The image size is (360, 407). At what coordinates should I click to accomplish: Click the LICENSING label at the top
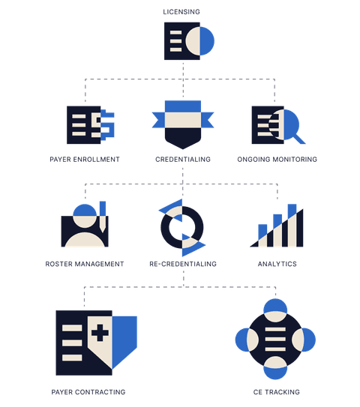tap(181, 12)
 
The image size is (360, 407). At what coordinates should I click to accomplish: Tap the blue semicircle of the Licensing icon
tap(207, 41)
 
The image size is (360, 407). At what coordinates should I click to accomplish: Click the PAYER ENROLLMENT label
tap(85, 159)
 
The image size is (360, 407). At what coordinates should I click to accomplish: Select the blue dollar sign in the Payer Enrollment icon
tap(107, 125)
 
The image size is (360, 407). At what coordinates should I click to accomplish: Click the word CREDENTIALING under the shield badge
tap(183, 159)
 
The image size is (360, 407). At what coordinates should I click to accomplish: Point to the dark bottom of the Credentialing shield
tap(183, 137)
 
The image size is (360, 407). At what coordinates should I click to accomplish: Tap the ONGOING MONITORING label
tap(277, 159)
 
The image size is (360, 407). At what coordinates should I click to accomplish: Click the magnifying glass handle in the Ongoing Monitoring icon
tap(300, 139)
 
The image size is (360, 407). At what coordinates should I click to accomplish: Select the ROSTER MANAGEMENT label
tap(85, 264)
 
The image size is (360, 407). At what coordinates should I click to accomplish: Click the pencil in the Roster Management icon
tap(103, 217)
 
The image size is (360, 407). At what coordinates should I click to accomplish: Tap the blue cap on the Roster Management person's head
tap(85, 210)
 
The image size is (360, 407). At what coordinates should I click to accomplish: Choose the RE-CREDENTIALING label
tap(183, 264)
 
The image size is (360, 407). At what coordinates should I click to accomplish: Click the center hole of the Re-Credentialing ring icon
tap(182, 227)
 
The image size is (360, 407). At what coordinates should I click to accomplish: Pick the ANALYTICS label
tap(277, 264)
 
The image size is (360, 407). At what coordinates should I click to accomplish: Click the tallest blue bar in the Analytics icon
tap(292, 211)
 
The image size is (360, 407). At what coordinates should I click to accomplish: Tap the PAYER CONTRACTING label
tap(88, 392)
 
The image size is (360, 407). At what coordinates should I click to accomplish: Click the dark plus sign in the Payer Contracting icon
tap(100, 332)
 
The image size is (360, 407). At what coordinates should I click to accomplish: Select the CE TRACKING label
tap(276, 392)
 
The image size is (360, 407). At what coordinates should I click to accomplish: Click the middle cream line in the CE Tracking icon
tap(275, 339)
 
